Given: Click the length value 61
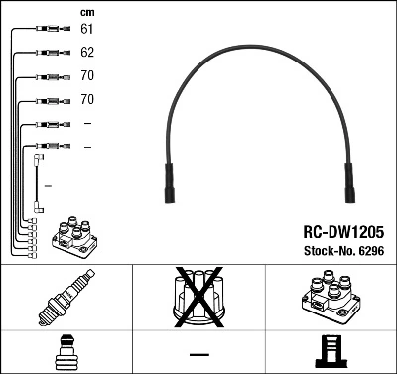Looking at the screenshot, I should click(87, 29).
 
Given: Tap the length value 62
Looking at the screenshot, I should click(87, 52).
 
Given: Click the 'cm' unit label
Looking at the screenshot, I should click(86, 11).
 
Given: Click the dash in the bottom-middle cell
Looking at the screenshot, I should click(198, 353).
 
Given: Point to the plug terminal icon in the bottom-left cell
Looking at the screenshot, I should click(65, 353).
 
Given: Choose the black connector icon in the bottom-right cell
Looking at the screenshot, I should click(330, 353).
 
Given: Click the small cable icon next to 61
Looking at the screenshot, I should click(47, 29).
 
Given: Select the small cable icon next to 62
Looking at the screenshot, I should click(47, 52).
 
